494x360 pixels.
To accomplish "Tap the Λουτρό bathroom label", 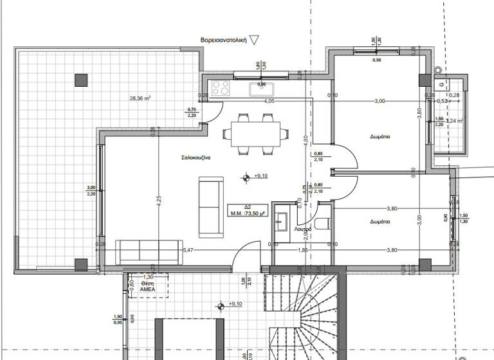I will (x=304, y=228).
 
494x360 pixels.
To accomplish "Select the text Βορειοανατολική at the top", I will (x=223, y=40).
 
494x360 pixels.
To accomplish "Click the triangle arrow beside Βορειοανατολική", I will (x=254, y=40).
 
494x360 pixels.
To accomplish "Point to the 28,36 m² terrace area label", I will (x=140, y=98).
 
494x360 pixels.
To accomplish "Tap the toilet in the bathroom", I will (x=324, y=224).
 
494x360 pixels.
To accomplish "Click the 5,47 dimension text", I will (x=188, y=249).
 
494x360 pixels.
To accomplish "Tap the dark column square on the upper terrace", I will (x=80, y=80).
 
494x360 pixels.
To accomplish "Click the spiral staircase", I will (x=302, y=315).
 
